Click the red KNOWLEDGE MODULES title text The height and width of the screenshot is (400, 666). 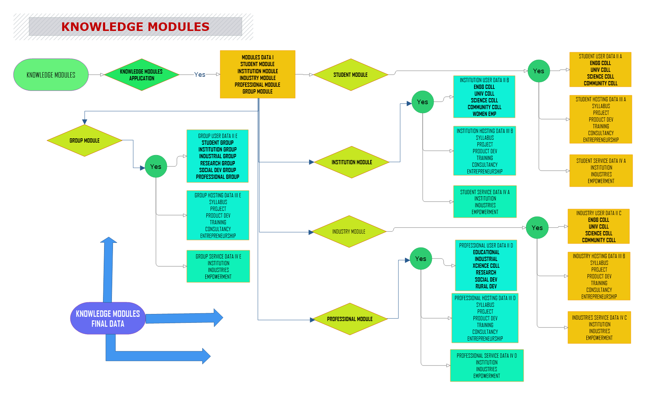tap(135, 27)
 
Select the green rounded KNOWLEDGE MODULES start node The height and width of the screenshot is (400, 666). tap(51, 75)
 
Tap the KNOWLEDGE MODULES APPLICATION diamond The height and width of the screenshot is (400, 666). tap(141, 75)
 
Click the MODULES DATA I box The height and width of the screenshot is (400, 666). tap(258, 74)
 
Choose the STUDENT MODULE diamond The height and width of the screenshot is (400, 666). tap(351, 75)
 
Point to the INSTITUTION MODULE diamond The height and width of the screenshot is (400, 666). tap(352, 162)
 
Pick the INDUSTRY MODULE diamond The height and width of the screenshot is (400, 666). tap(349, 231)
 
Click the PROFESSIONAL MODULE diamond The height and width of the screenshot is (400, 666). tap(350, 319)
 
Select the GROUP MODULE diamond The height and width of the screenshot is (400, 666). tap(85, 140)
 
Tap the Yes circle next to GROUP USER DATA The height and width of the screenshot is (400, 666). tap(156, 166)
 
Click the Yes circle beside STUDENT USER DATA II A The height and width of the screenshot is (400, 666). tap(538, 71)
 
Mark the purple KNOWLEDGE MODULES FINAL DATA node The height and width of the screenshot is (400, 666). tap(108, 318)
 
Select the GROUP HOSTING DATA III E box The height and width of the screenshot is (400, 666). tap(218, 215)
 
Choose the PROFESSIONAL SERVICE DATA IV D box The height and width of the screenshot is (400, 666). tap(487, 366)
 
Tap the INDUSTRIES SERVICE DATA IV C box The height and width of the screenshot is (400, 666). tap(599, 327)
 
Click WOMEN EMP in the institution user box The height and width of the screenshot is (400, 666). tap(484, 114)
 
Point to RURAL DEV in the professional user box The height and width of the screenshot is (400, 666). tap(486, 286)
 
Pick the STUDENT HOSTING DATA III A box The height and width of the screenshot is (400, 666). tap(601, 119)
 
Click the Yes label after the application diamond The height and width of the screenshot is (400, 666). tap(200, 74)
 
